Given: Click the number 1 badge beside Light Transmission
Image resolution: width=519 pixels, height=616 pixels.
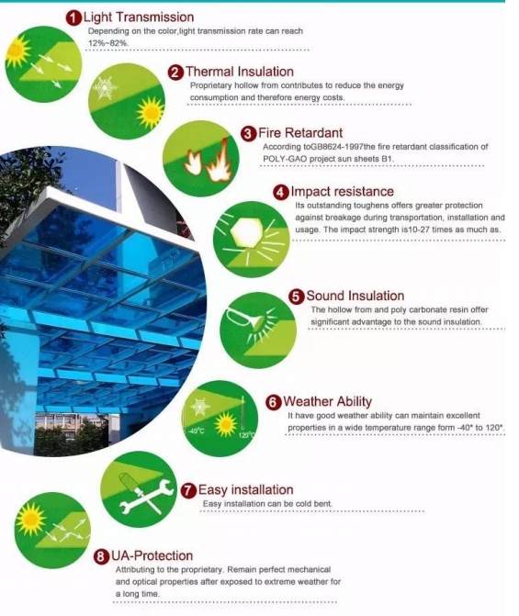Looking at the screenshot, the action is click(x=73, y=18).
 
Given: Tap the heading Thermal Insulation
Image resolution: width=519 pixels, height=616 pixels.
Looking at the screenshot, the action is click(x=240, y=72).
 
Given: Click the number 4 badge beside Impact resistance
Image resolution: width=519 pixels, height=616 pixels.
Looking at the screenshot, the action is click(x=281, y=193).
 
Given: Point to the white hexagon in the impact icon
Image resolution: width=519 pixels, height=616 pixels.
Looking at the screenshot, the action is click(x=246, y=232).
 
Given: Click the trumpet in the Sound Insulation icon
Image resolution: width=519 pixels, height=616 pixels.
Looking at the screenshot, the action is click(x=244, y=319).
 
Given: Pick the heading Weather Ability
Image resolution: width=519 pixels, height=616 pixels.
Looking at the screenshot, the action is click(x=328, y=401).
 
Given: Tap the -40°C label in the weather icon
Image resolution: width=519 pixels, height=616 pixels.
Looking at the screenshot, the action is click(x=197, y=431).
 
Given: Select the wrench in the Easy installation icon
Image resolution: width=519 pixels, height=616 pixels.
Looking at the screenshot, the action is click(x=146, y=496).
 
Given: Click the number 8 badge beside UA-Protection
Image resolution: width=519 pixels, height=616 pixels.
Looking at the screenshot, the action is click(x=101, y=556).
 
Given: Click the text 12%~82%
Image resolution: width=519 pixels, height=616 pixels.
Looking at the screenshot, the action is click(x=108, y=43).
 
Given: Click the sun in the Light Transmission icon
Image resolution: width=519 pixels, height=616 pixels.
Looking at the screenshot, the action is click(x=17, y=51).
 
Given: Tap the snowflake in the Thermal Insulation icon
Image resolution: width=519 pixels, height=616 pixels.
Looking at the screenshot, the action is click(x=105, y=87).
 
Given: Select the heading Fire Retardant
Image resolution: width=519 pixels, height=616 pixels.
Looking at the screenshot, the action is click(x=300, y=133).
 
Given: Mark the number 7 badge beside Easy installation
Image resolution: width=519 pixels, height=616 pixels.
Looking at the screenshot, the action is click(x=188, y=490).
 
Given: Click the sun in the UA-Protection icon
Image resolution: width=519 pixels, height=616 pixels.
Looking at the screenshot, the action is click(x=30, y=520).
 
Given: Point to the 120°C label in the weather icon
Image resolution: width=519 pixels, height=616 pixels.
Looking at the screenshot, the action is click(x=246, y=435).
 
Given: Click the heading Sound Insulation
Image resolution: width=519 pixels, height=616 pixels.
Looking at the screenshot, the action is click(x=355, y=296).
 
